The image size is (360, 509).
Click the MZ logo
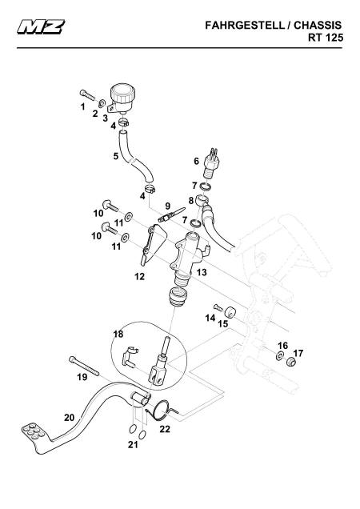click(x=41, y=26)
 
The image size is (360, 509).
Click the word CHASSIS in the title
click(x=318, y=26)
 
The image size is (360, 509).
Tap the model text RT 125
click(x=326, y=38)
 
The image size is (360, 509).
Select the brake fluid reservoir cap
click(x=122, y=92)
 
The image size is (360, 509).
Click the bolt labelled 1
click(x=87, y=94)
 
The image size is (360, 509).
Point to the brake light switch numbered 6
click(x=213, y=163)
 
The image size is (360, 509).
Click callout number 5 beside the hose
click(x=116, y=156)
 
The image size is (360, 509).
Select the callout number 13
click(x=202, y=272)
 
